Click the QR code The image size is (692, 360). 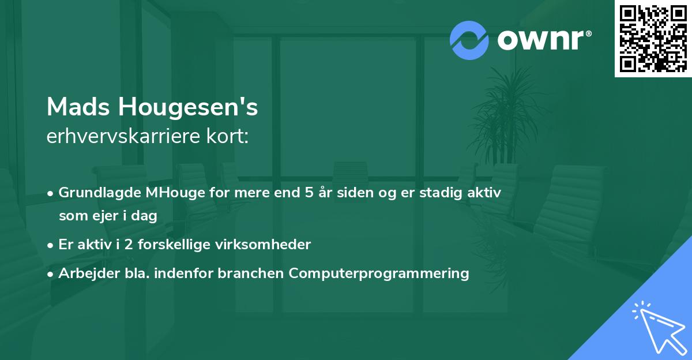(653, 39)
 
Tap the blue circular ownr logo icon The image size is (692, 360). (469, 40)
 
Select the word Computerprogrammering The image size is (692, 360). (379, 273)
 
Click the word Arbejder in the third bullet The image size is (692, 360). (84, 273)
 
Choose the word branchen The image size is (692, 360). (251, 273)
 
